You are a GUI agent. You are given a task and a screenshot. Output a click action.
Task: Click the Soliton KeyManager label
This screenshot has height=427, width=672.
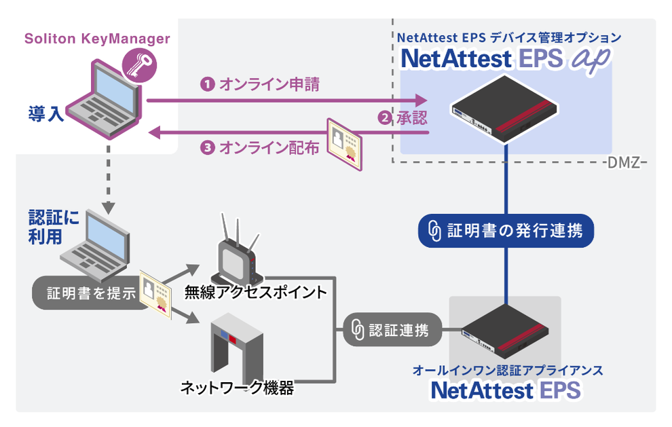click(x=97, y=39)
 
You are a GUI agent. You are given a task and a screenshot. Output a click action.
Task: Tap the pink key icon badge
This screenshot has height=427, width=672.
click(x=139, y=66)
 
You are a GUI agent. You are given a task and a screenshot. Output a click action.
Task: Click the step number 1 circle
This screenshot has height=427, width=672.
click(x=207, y=85)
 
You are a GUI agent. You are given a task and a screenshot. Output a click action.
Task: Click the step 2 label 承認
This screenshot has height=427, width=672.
click(x=403, y=118)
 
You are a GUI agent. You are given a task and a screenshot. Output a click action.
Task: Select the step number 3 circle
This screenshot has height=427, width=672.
click(x=207, y=148)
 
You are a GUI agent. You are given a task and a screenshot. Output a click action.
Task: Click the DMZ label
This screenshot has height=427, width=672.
click(x=621, y=164)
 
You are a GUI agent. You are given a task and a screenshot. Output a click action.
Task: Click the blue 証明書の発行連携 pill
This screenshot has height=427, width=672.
click(x=506, y=231)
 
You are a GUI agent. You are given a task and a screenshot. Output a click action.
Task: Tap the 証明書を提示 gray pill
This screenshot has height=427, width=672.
click(x=92, y=294)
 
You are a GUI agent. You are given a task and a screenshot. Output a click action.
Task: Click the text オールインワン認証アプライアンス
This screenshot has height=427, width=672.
click(x=508, y=371)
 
